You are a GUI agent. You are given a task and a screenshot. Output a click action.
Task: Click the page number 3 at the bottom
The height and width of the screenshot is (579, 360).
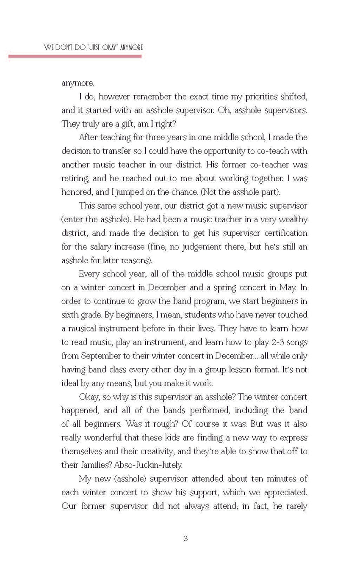(x=186, y=539)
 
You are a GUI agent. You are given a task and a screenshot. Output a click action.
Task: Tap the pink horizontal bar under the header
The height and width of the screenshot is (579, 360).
(x=75, y=56)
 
